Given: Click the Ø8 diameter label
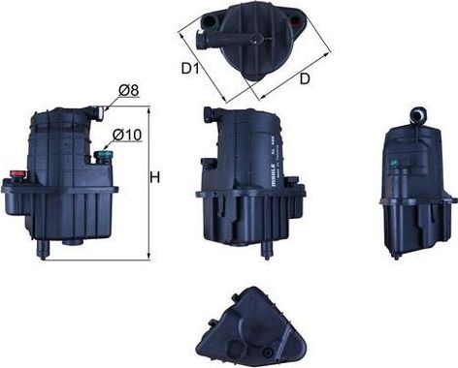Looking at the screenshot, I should [x=129, y=91].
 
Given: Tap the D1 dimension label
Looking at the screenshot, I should [x=190, y=70].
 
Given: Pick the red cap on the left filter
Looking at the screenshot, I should [x=18, y=175].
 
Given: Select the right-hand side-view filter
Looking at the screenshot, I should [x=418, y=184].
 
